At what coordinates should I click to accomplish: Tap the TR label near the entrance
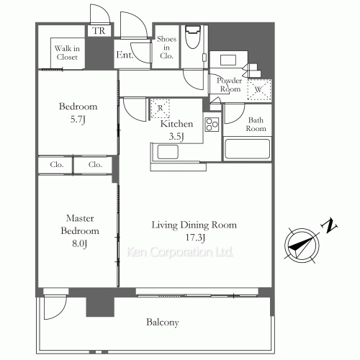click(97, 31)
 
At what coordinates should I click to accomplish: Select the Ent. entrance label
click(123, 54)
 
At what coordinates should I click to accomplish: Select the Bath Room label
click(256, 124)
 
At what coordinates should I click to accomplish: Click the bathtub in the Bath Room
click(247, 150)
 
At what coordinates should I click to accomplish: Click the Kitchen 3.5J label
click(175, 129)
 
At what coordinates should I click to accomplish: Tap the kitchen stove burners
click(212, 125)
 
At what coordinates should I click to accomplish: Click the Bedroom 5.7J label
click(78, 112)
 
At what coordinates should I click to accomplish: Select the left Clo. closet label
click(56, 165)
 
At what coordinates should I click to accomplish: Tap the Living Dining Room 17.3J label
click(194, 231)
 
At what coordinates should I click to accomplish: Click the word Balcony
click(163, 323)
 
